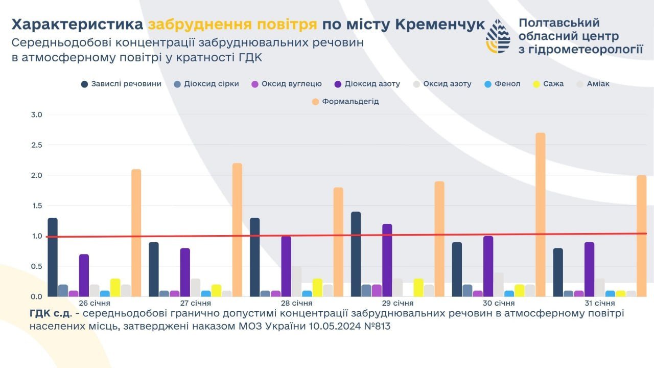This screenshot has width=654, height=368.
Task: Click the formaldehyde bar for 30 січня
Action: [541, 215]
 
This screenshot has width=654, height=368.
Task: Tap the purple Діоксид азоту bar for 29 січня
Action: [387, 260]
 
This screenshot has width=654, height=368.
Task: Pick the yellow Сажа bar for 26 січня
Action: [115, 288]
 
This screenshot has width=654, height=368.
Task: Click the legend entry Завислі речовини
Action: [122, 84]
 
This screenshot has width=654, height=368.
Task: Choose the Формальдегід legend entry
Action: [345, 102]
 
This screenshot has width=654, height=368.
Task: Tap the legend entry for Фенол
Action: [502, 84]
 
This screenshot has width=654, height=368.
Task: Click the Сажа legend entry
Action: [548, 84]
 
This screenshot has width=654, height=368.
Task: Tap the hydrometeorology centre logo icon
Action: [497, 37]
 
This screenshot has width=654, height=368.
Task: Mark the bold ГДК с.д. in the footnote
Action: [50, 313]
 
